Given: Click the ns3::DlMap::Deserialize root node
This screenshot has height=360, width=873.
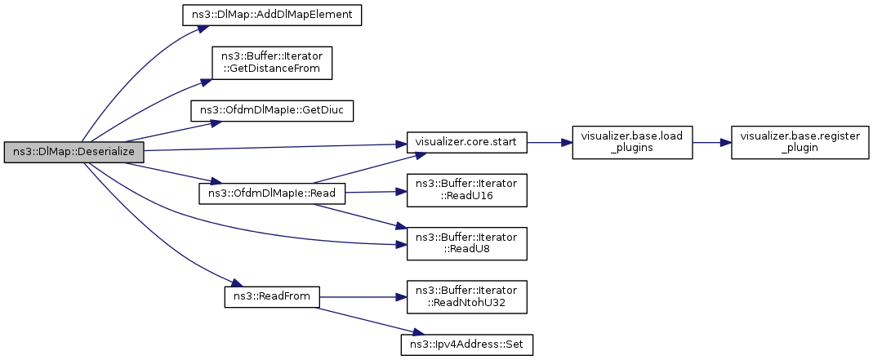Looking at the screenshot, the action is coord(73,153).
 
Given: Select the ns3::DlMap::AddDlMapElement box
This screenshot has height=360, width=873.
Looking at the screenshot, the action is coord(272,15).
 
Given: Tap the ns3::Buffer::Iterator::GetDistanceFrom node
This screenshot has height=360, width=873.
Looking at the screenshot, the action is coord(272,63).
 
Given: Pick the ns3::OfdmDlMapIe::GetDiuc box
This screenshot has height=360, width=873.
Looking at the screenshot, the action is coord(272,111).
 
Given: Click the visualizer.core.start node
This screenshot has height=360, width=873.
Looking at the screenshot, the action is coord(466,143).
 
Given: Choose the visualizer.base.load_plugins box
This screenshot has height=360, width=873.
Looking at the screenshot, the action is coord(632,143).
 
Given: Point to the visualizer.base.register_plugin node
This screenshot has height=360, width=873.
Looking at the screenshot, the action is coord(800,143).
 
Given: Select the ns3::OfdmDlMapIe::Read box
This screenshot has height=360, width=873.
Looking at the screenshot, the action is coord(272,193).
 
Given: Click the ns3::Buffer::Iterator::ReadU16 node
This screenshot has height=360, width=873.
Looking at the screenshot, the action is coord(466,191).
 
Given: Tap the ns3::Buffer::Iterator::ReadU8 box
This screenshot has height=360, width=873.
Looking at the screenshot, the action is coord(466,243).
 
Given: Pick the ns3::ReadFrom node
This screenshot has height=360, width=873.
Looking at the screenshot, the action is coord(272,296).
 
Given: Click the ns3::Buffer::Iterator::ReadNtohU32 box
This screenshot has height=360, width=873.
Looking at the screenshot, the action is coord(466,296).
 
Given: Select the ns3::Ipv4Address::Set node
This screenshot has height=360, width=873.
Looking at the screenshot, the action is coord(466,345).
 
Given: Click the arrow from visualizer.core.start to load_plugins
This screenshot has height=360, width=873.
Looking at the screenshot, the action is coord(550,143).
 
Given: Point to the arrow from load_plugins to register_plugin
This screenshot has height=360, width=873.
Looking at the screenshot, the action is coord(712,143).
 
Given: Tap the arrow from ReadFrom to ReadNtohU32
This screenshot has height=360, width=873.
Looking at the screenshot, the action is coord(363,297).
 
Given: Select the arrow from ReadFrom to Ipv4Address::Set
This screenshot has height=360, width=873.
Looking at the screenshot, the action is coord(365,321).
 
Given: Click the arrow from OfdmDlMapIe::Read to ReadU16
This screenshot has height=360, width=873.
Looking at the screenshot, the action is coord(376,192).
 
